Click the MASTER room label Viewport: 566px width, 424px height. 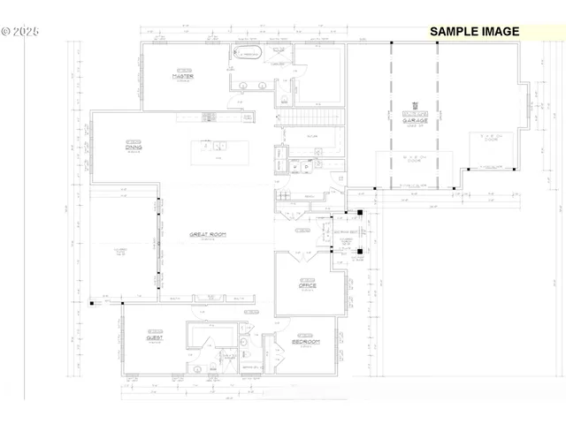point(183,76)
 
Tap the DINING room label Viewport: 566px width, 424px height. point(134,147)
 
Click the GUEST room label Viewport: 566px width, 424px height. point(156,337)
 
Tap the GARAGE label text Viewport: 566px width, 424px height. point(415,120)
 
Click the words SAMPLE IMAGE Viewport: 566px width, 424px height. point(474,31)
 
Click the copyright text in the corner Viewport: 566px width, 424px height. point(20,30)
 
